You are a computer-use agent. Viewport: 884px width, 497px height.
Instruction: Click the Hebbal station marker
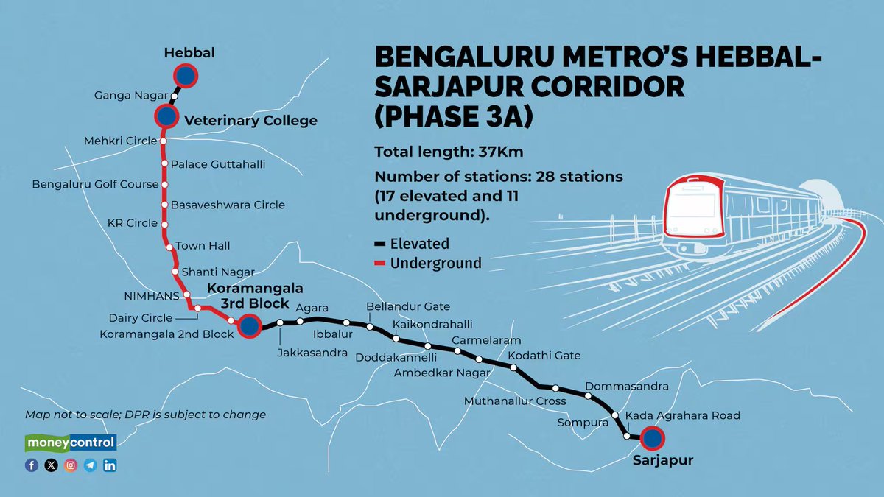tap(186, 76)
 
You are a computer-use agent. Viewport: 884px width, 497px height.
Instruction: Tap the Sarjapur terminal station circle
tap(652, 439)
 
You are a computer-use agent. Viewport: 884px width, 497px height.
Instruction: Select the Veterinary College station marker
tap(166, 116)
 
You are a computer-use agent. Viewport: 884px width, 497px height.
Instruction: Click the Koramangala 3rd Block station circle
tap(249, 328)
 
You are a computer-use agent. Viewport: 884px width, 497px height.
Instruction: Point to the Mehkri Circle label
tap(120, 141)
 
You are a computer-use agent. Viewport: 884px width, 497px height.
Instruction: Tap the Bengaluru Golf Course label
tap(95, 184)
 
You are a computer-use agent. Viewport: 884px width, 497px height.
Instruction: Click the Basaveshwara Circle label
tap(228, 205)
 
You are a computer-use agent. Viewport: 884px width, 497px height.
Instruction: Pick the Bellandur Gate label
tap(408, 306)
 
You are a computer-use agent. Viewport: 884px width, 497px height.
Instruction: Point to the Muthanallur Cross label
tap(515, 401)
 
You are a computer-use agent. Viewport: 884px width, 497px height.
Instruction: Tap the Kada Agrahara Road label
tap(682, 416)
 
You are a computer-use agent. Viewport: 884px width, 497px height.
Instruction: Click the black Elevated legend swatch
tap(381, 244)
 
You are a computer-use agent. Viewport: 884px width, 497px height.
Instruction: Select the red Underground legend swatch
tap(381, 264)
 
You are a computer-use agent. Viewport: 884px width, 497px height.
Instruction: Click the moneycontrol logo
tap(71, 443)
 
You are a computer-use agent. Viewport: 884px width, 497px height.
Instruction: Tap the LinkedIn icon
tap(110, 465)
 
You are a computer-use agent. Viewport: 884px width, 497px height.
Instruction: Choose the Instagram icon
tap(71, 465)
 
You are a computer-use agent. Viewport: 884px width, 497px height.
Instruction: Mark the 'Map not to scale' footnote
tap(145, 415)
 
